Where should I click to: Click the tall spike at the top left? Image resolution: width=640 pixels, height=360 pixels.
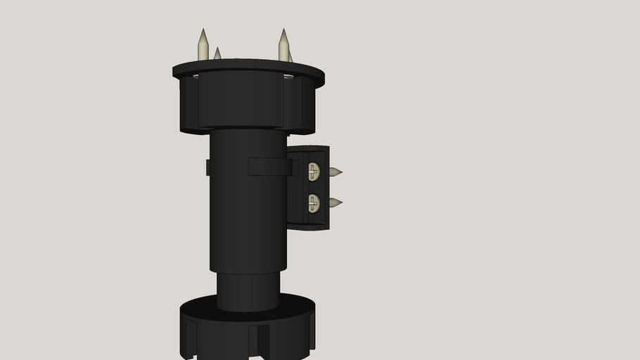pyautogui.click(x=203, y=45)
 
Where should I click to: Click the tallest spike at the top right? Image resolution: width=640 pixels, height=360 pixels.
pyautogui.click(x=283, y=45)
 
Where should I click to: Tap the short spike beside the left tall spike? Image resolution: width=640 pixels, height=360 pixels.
pyautogui.click(x=217, y=54)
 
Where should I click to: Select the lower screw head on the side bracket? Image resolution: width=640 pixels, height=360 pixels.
pyautogui.click(x=314, y=203)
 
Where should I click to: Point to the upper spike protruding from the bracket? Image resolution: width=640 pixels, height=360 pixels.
pyautogui.click(x=335, y=172)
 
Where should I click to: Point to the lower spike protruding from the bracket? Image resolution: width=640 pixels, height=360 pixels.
pyautogui.click(x=335, y=202)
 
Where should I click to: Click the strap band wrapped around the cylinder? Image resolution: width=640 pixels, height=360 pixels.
pyautogui.click(x=270, y=167)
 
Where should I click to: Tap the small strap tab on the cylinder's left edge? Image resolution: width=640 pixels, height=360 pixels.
pyautogui.click(x=208, y=167)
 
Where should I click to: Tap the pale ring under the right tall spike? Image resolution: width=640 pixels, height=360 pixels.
pyautogui.click(x=288, y=76)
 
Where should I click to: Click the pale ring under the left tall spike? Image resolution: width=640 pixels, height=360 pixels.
pyautogui.click(x=195, y=75)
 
